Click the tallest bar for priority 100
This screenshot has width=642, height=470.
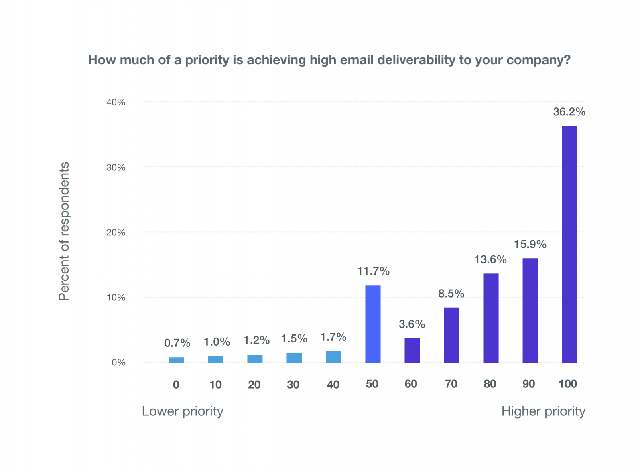click(x=569, y=244)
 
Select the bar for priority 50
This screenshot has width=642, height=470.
click(x=373, y=324)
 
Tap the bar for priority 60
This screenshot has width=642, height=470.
click(x=412, y=350)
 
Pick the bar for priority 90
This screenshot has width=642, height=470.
click(x=530, y=310)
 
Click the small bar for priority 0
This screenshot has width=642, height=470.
click(x=176, y=360)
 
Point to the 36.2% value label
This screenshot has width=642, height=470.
click(x=569, y=112)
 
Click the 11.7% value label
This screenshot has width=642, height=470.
click(x=373, y=271)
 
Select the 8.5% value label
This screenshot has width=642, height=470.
click(x=451, y=294)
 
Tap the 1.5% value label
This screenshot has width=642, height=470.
click(x=294, y=339)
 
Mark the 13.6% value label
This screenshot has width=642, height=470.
click(x=490, y=259)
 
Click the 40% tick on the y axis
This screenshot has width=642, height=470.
click(x=116, y=102)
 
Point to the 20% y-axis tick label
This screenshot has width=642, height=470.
click(x=116, y=233)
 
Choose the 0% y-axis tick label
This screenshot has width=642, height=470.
click(x=118, y=363)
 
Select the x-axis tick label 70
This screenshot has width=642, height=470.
click(x=451, y=384)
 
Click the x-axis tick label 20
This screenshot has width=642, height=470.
click(x=254, y=385)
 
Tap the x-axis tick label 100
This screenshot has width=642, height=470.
click(x=568, y=384)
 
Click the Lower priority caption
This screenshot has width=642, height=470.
click(x=183, y=411)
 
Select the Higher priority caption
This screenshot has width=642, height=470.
click(x=543, y=411)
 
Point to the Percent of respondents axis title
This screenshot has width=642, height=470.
click(x=64, y=231)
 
